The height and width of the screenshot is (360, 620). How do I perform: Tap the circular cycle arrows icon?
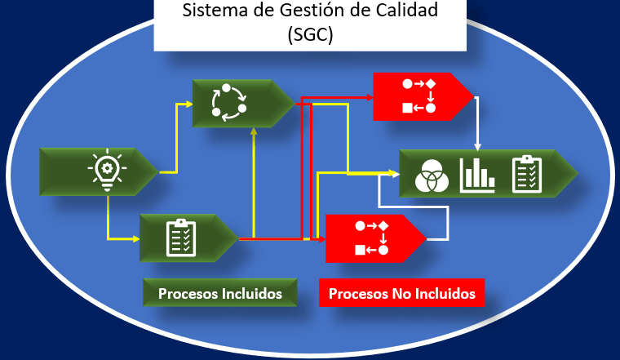point(229,103)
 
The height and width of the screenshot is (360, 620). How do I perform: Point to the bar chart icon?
point(477,174)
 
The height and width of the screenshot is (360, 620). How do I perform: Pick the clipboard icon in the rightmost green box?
point(527,173)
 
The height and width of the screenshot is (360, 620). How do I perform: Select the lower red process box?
point(371,238)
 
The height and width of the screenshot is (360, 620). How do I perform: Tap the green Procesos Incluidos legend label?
point(219,293)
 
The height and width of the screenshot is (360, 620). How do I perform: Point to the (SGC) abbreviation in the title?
point(311,37)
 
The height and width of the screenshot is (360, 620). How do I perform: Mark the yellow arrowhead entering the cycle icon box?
point(188,103)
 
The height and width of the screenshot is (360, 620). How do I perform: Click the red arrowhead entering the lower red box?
point(322,238)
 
